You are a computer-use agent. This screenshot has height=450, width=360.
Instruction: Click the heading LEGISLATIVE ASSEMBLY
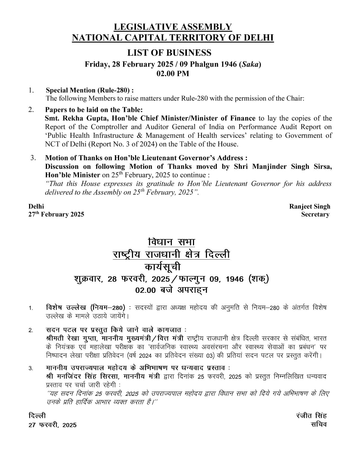pyautogui.click(x=173, y=27)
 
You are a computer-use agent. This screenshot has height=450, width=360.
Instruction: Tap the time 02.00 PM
pyautogui.click(x=173, y=74)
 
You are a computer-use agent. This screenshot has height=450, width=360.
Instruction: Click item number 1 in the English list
pyautogui.click(x=31, y=90)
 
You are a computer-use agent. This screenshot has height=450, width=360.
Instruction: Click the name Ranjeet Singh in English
pyautogui.click(x=310, y=206)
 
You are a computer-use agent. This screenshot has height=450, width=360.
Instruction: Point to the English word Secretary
pyautogui.click(x=315, y=214)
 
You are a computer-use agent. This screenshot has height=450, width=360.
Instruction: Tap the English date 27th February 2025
pyautogui.click(x=56, y=214)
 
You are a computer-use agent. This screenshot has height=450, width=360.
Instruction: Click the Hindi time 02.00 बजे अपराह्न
pyautogui.click(x=171, y=290)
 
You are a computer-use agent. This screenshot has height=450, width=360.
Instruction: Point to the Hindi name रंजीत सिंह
pyautogui.click(x=311, y=416)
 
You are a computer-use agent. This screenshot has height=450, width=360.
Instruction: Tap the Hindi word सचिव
pyautogui.click(x=319, y=424)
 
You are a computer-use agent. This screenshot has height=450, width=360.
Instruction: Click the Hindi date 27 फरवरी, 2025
pyautogui.click(x=53, y=425)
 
